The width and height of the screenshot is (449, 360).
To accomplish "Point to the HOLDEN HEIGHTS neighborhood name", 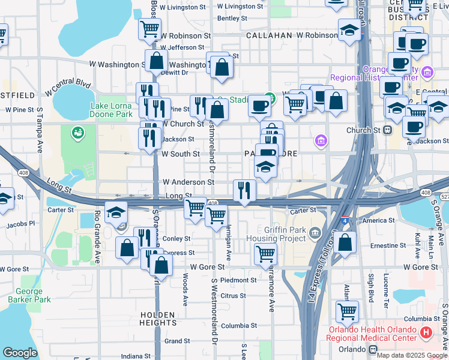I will click(x=158, y=319).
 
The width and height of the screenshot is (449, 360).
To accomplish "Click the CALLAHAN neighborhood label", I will click(x=270, y=35).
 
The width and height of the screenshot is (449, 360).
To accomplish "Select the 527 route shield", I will click(x=444, y=197).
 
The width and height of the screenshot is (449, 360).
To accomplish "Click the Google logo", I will click(x=20, y=353).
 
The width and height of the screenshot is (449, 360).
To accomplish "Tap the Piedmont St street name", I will click(x=238, y=280).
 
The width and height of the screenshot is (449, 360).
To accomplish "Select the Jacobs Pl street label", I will click(x=21, y=223).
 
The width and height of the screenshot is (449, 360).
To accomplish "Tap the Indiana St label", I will click(x=136, y=356).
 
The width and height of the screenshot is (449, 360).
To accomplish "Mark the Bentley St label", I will click(x=228, y=19).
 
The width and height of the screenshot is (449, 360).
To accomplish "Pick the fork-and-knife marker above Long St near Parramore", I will click(x=244, y=190).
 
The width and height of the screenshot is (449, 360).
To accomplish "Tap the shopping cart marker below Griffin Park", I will click(x=265, y=253).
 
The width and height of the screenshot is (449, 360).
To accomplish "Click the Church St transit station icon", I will click(x=388, y=130).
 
